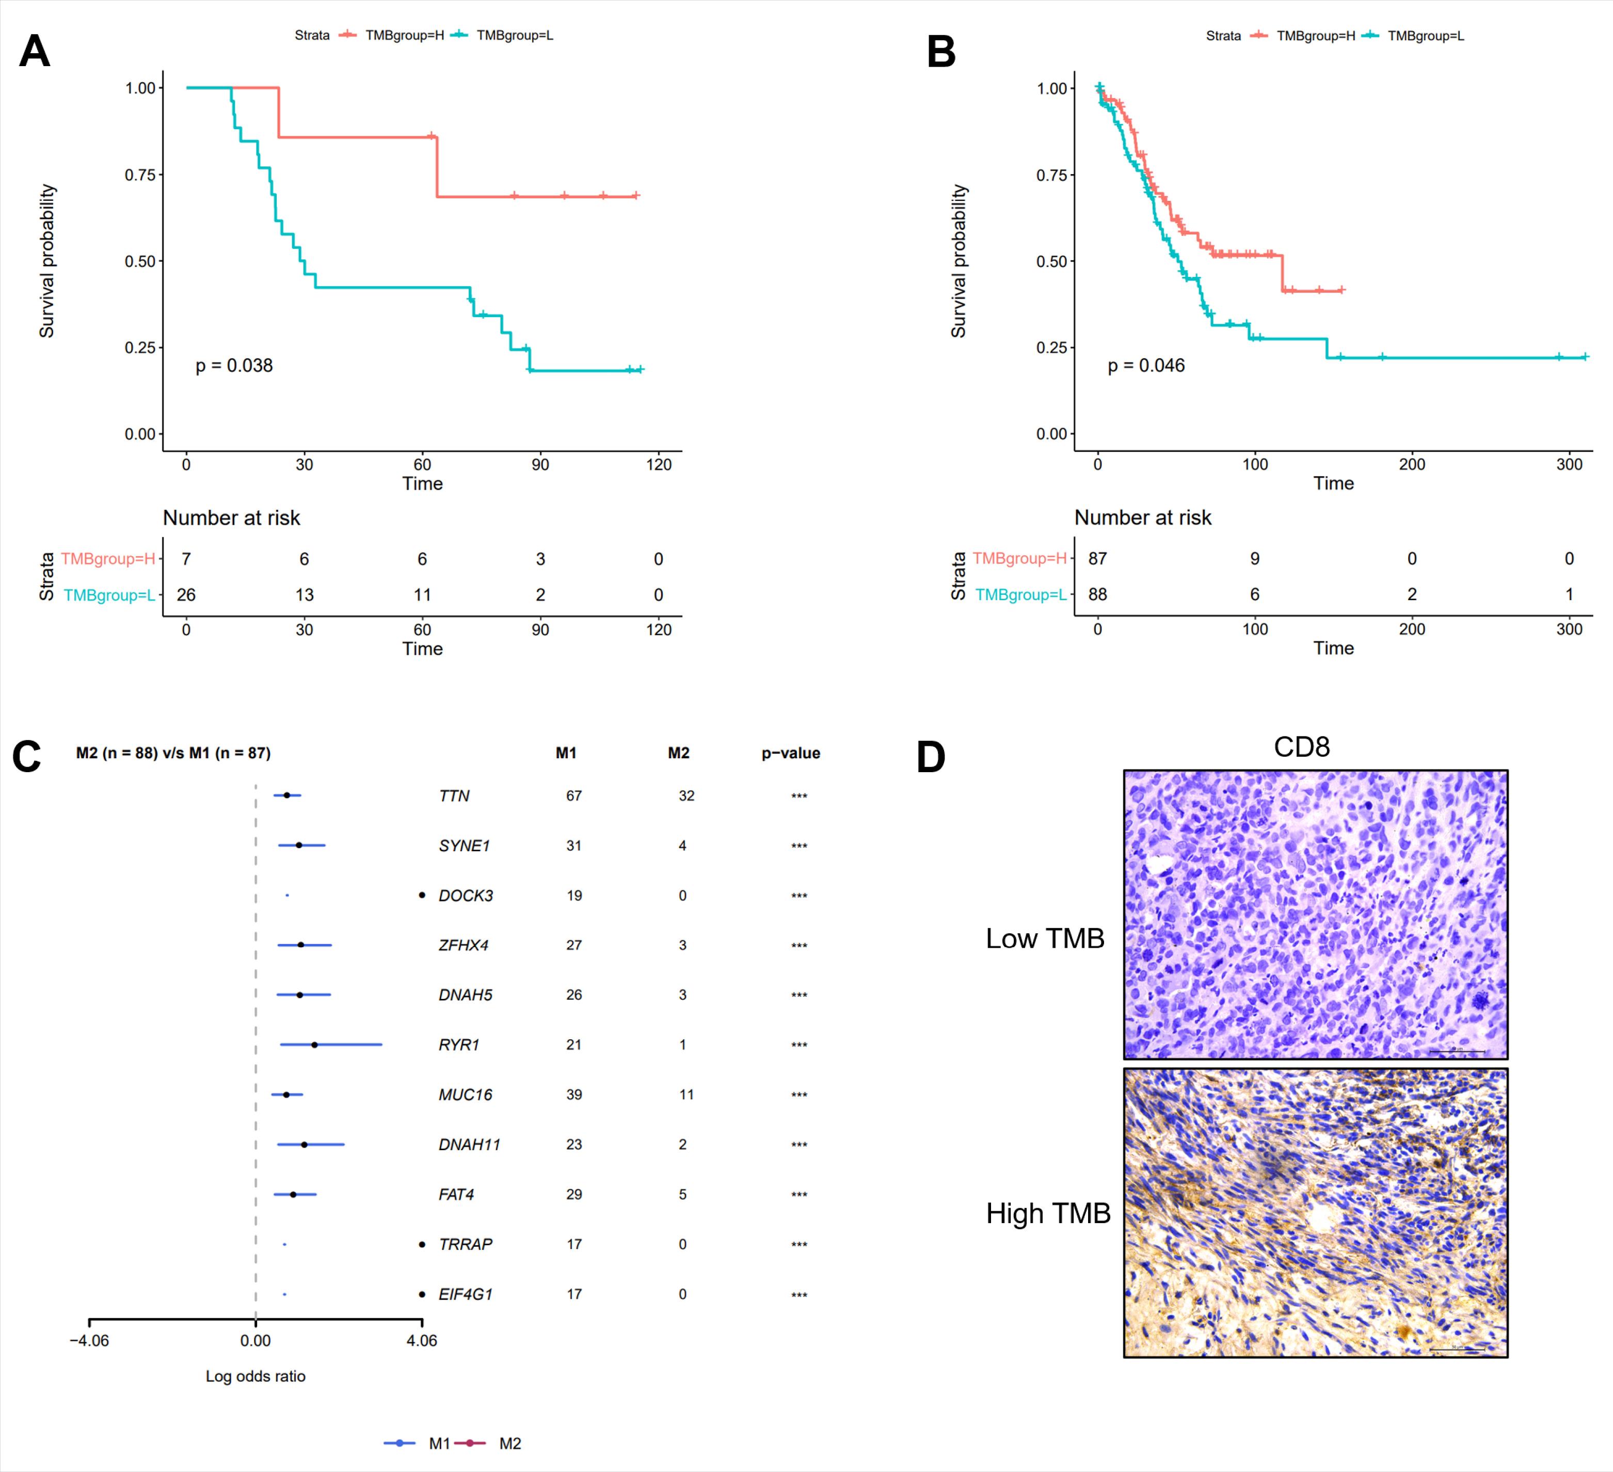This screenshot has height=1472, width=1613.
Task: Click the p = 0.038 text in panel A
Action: tap(234, 366)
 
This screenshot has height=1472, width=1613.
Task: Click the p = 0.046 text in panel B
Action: tap(1146, 366)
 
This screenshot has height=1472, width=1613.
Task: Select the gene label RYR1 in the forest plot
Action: tap(458, 1044)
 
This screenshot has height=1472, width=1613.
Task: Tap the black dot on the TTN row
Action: tap(286, 795)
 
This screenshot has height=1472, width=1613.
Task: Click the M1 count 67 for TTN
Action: tap(573, 795)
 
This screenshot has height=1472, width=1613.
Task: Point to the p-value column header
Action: tap(790, 753)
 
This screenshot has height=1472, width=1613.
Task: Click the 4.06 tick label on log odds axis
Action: tap(422, 1341)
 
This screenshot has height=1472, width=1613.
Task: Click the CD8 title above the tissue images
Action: tap(1302, 747)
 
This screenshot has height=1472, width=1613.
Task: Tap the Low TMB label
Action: tap(1045, 938)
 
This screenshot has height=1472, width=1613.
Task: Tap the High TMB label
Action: tap(1048, 1213)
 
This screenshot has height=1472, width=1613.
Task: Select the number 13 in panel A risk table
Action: tap(304, 594)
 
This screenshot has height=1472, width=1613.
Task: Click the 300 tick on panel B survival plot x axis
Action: tap(1569, 464)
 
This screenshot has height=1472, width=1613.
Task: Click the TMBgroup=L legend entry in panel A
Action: tap(514, 35)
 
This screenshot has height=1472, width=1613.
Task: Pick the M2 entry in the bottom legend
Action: tap(509, 1443)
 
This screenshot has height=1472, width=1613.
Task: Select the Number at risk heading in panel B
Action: tap(1143, 518)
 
